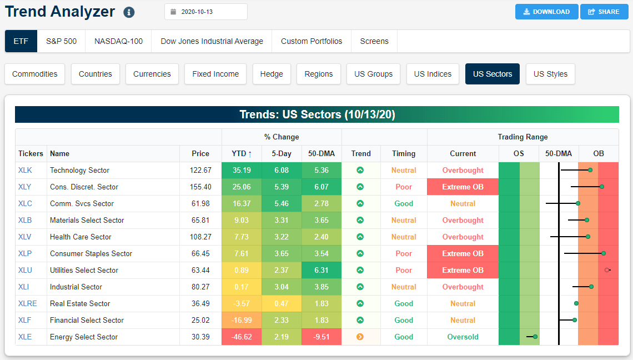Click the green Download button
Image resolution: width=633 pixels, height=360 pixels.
point(546,12)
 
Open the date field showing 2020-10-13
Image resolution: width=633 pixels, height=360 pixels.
point(206,12)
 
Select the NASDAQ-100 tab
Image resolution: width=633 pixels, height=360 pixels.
point(118,41)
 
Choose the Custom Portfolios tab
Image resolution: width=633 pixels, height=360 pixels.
point(312,41)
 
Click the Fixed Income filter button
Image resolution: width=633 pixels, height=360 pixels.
point(215,74)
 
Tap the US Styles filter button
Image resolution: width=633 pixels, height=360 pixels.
point(550,74)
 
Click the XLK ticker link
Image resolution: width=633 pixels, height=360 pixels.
point(25,170)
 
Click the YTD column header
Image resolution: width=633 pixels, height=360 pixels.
point(241,153)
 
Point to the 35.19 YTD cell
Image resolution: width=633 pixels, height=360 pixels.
point(241,170)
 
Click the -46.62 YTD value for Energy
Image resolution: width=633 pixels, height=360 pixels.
point(241,337)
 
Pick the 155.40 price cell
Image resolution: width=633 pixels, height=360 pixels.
point(200,187)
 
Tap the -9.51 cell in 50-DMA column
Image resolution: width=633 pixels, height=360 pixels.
point(321,337)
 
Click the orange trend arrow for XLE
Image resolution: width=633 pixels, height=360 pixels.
point(360,337)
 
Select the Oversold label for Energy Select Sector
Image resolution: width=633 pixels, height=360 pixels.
point(463,337)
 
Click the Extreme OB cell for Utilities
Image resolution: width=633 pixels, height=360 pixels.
point(463,270)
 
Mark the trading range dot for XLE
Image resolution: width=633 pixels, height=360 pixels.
point(535,337)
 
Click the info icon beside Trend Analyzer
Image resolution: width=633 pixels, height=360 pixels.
point(129,12)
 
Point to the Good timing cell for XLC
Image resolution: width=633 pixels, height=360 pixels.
point(404,203)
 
